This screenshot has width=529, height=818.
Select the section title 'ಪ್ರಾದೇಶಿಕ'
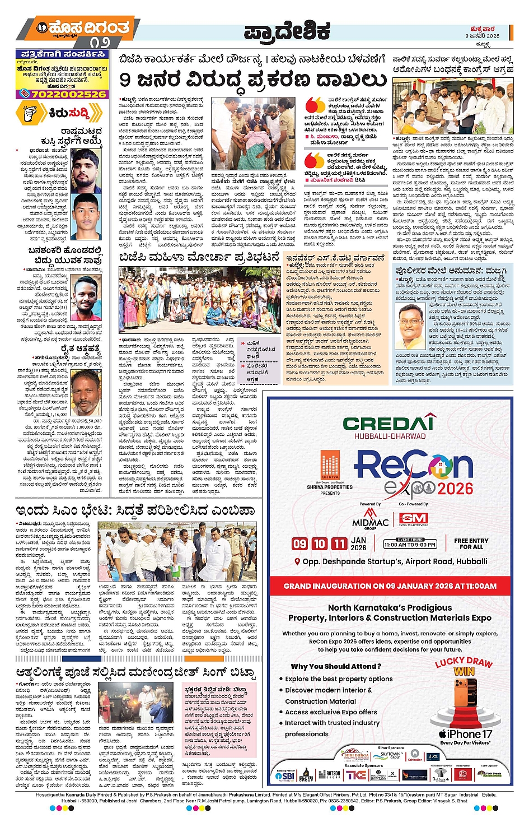(286, 32)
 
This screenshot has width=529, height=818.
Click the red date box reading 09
(299, 543)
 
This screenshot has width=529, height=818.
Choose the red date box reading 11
(339, 543)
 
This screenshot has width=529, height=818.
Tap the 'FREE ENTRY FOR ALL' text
(471, 543)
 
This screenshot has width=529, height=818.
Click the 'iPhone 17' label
(465, 734)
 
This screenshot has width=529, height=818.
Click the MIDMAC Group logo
(370, 519)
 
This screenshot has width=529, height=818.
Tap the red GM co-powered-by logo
(414, 519)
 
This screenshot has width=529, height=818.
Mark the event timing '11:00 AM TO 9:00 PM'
(410, 544)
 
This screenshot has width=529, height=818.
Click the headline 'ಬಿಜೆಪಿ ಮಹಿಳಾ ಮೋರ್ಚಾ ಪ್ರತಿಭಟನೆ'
(199, 258)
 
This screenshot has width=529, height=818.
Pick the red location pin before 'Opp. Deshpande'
(297, 562)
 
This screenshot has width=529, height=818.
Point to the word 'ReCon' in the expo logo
(414, 467)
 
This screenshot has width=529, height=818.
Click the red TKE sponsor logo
(356, 775)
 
